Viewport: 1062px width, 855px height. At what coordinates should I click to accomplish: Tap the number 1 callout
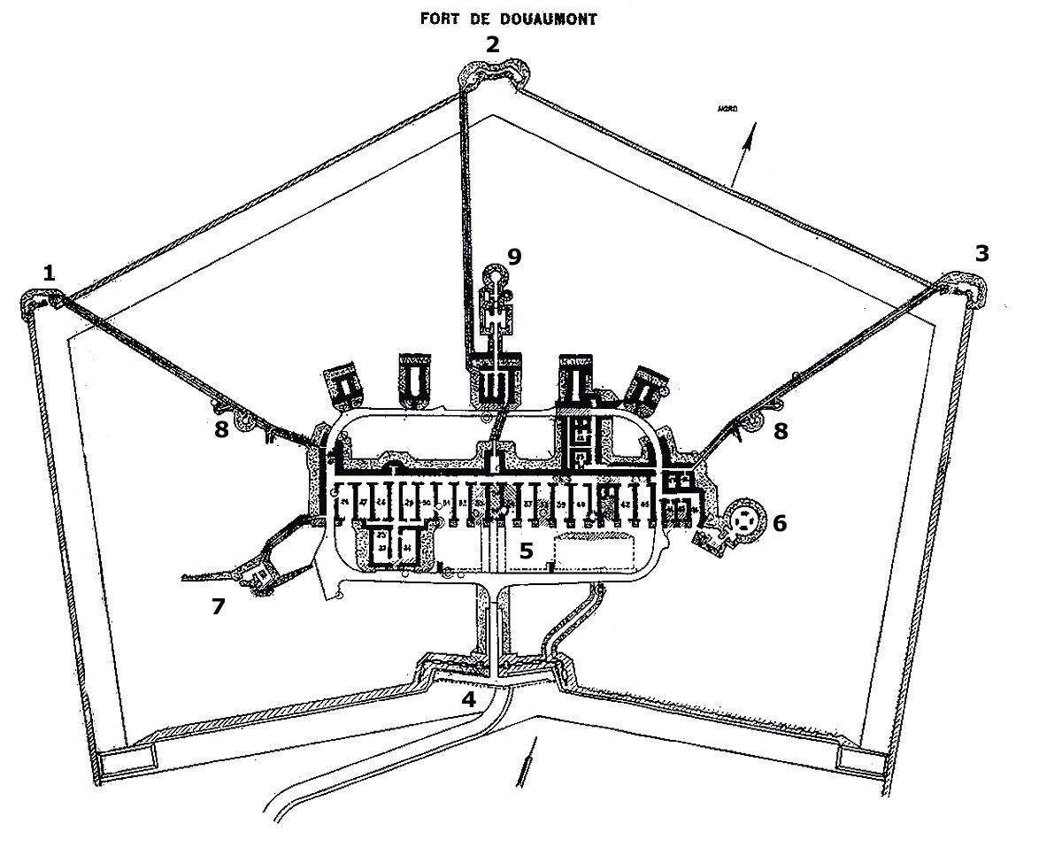tap(50, 273)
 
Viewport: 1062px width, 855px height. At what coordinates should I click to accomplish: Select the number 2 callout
tap(492, 45)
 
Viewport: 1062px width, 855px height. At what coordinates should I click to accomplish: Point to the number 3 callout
tap(981, 254)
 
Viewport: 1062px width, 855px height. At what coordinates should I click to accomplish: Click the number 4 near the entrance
tap(468, 698)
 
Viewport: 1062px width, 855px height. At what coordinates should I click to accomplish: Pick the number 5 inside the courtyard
tap(527, 550)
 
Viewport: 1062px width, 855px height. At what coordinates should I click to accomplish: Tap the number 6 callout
tap(779, 522)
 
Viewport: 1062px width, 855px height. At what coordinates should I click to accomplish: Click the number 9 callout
tap(514, 257)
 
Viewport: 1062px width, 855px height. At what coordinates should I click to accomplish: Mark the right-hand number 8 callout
tap(781, 431)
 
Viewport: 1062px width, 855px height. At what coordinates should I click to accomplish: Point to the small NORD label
tap(728, 110)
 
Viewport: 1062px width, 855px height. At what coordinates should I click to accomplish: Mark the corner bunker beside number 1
tap(38, 304)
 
